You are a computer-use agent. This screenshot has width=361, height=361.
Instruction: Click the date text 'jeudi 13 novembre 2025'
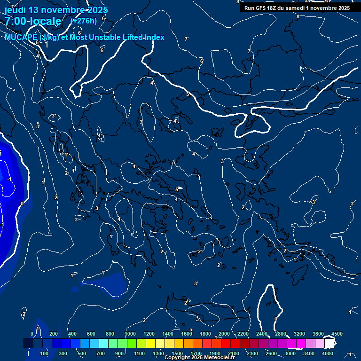[56, 10]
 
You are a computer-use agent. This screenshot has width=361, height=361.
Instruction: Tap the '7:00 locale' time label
[33, 21]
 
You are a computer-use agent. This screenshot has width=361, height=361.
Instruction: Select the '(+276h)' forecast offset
[83, 21]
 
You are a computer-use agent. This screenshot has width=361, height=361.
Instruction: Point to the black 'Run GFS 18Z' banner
[297, 8]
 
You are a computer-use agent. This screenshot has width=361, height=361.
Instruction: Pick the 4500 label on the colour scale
[337, 334]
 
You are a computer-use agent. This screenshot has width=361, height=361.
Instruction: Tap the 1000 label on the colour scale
[130, 334]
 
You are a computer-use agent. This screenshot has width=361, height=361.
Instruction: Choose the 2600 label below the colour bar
[271, 353]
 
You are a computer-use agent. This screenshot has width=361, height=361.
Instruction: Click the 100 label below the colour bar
[45, 353]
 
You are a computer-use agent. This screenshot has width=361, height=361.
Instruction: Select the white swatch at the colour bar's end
[329, 344]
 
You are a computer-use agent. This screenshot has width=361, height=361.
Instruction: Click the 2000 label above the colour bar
[224, 334]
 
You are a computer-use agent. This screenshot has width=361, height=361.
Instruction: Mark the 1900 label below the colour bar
[215, 353]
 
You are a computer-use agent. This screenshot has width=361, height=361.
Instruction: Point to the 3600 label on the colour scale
[318, 334]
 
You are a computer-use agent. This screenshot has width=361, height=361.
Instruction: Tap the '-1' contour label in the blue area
[9, 179]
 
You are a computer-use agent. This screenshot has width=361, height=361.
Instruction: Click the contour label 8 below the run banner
[298, 16]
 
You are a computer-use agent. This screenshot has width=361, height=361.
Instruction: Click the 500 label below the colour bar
[82, 353]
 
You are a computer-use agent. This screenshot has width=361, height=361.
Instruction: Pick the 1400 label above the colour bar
[168, 334]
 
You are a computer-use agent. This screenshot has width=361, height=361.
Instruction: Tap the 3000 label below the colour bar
[290, 353]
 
